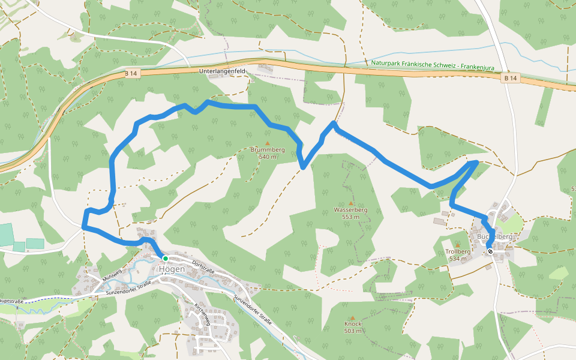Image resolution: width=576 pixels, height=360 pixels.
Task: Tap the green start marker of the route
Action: (x=165, y=259)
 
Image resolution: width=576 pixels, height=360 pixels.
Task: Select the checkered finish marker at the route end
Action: (x=490, y=251)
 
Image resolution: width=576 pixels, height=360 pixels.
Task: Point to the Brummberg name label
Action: (x=268, y=149)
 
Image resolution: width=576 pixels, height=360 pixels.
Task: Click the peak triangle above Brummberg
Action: (x=268, y=143)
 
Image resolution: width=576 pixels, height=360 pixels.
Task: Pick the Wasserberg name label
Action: (x=350, y=210)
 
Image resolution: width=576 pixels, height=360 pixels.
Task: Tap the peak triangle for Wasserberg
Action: (x=351, y=203)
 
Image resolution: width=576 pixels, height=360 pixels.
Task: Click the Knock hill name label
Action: (x=353, y=324)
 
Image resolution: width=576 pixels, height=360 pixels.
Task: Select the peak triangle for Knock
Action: (x=353, y=317)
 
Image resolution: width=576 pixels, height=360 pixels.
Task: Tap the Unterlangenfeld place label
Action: (x=223, y=71)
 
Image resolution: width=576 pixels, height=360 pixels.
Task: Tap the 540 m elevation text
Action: (x=268, y=157)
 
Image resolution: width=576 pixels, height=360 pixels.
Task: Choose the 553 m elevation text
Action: (x=350, y=217)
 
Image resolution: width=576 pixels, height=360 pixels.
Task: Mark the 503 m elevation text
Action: (x=353, y=331)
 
